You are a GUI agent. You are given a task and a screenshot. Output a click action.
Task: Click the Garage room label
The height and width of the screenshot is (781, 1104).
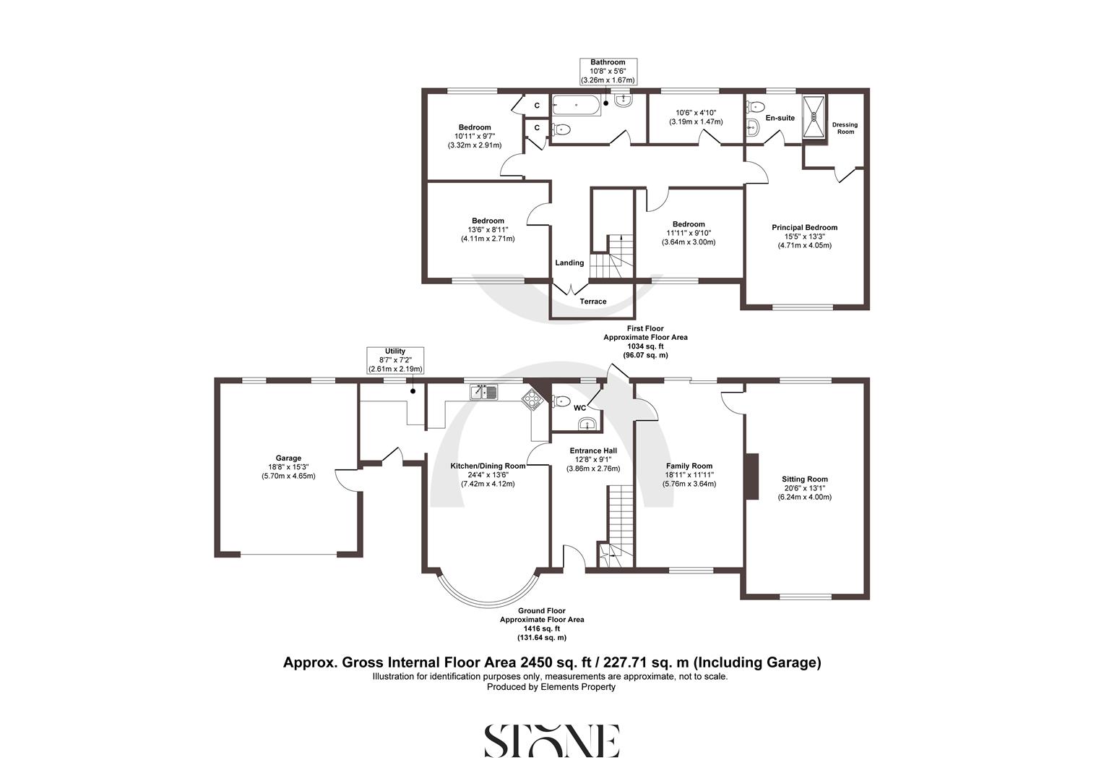point(288,458)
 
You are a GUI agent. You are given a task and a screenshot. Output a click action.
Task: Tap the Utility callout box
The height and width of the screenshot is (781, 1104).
point(395,360)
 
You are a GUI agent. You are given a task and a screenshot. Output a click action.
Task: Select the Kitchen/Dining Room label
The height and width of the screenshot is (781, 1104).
point(488,466)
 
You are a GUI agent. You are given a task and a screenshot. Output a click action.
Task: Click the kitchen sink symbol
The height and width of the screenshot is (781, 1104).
point(484,393)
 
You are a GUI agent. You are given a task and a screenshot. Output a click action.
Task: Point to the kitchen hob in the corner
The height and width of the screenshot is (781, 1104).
point(532,399)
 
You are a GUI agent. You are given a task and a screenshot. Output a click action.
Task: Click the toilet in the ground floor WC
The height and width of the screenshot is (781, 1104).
point(562,401)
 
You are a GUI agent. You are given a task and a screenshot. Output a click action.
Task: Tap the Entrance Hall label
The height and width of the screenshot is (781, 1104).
point(592,451)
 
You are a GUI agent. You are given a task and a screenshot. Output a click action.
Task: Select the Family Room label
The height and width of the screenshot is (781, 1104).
point(689,466)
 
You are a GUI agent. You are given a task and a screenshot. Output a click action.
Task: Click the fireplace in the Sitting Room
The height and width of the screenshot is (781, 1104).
point(752,476)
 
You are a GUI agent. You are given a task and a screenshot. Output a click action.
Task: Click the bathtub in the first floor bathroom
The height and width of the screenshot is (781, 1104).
point(576,106)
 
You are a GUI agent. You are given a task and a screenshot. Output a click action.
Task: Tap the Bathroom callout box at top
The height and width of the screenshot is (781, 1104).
point(608,72)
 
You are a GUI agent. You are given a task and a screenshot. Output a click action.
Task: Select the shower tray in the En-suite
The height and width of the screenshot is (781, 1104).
point(814,116)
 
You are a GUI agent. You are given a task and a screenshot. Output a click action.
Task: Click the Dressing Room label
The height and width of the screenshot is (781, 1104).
point(845,128)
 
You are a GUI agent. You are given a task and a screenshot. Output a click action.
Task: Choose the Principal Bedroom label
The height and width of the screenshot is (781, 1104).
point(804,227)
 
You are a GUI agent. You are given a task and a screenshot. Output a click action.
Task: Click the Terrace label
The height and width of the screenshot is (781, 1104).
point(593,301)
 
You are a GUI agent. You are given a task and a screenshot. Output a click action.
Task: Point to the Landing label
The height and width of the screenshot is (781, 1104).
point(569,263)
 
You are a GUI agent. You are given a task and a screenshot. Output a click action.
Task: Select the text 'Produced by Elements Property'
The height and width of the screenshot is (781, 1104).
point(551,687)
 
